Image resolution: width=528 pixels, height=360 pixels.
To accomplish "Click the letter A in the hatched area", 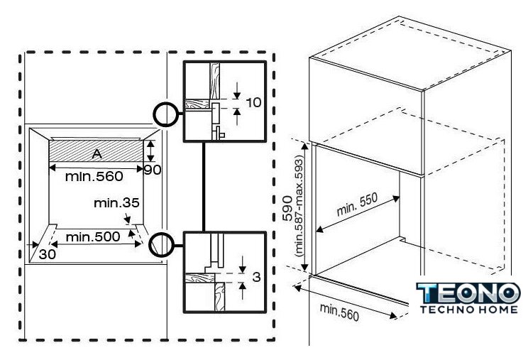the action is tap(97, 154).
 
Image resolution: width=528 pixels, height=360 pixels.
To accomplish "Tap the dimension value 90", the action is tap(153, 170).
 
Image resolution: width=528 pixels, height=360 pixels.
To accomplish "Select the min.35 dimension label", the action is tap(116, 203).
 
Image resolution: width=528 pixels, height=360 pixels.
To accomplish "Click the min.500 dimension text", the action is tap(93, 236).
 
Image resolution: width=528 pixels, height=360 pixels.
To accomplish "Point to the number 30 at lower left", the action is tap(47, 254).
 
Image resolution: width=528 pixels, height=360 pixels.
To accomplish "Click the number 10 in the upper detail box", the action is tap(253, 102).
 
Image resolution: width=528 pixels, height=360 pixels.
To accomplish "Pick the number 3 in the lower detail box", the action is tap(257, 277).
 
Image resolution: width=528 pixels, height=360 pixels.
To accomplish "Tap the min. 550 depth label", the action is tap(357, 204).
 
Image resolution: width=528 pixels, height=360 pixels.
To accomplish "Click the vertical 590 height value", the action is tap(287, 208).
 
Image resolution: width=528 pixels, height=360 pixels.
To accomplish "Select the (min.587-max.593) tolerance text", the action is tap(299, 207).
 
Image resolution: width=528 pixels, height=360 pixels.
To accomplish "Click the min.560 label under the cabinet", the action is tap(339, 312).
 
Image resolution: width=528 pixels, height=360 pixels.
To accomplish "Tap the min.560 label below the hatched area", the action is tap(94, 177).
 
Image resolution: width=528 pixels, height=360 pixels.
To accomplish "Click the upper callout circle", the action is tap(165, 114).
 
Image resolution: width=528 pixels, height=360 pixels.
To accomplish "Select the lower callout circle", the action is tap(161, 245).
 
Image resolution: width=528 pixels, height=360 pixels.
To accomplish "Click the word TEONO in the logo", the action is tap(468, 293).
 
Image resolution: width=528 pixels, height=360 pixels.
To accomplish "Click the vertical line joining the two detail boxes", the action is tap(204, 187).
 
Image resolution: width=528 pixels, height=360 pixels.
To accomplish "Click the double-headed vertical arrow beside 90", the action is tap(150, 151).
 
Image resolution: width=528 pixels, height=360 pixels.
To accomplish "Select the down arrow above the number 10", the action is tap(237, 91).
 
